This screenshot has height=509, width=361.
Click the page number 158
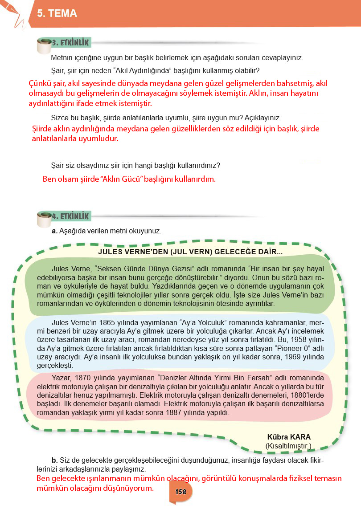coord(180,492)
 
